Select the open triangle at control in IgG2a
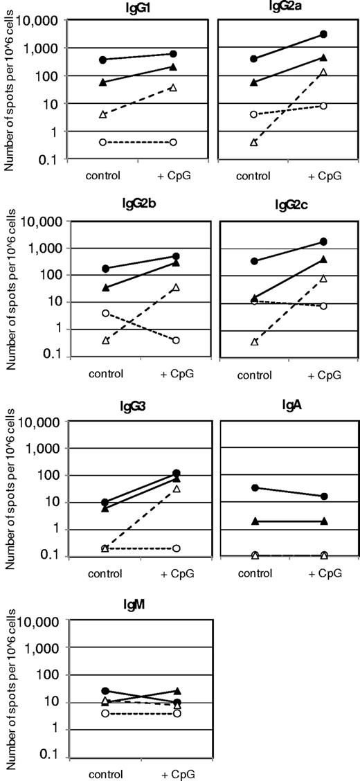tap(254, 142)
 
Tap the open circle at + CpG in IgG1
tap(173, 142)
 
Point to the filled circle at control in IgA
tap(255, 487)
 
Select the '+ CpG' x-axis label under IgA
tap(323, 574)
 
